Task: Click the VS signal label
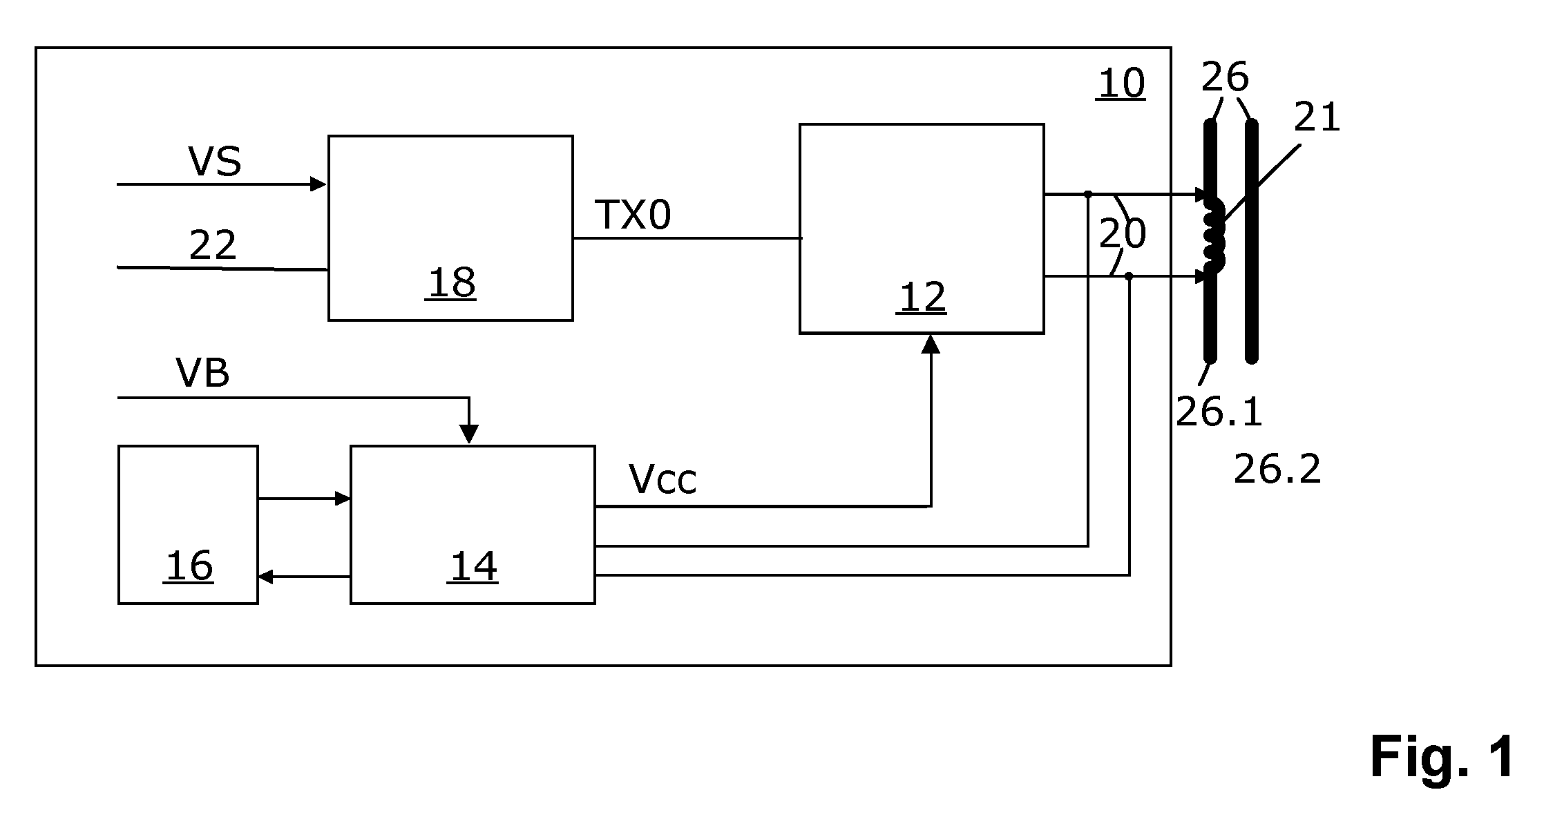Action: (x=215, y=162)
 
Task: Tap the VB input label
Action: (x=202, y=373)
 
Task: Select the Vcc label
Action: (x=663, y=479)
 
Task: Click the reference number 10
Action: (x=1121, y=84)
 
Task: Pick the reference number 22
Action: (x=213, y=244)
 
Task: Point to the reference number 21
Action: (x=1317, y=117)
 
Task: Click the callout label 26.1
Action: (x=1219, y=413)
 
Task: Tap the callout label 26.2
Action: (x=1277, y=470)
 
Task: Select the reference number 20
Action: (x=1123, y=234)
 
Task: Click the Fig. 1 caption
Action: (x=1442, y=757)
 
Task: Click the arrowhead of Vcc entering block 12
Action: (x=931, y=344)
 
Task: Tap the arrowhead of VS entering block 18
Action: (x=318, y=184)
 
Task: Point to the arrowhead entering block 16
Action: (x=266, y=577)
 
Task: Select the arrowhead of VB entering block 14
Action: (x=469, y=434)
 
